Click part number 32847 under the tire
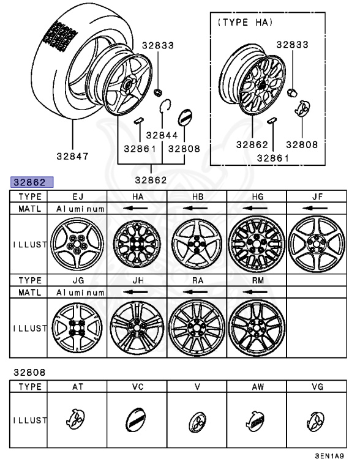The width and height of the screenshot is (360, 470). click(72, 156)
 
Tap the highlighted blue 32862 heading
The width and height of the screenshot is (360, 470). click(31, 182)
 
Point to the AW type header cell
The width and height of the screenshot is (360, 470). click(257, 387)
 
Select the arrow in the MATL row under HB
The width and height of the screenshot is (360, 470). click(197, 209)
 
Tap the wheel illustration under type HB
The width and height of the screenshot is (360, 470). click(197, 244)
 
